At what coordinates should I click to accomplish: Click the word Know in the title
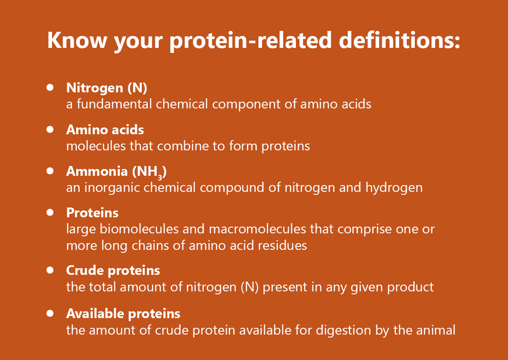pyautogui.click(x=77, y=40)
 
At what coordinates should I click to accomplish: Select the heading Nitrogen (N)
pyautogui.click(x=107, y=88)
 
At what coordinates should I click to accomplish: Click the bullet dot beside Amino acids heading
pyautogui.click(x=50, y=130)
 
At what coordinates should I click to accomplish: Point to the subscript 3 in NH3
pyautogui.click(x=160, y=177)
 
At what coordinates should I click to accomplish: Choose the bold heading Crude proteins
pyautogui.click(x=113, y=270)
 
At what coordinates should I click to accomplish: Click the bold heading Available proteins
pyautogui.click(x=123, y=314)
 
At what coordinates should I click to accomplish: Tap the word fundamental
pyautogui.click(x=114, y=104)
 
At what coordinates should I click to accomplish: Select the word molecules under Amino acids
pyautogui.click(x=96, y=146)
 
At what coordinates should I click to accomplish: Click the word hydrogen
pyautogui.click(x=394, y=188)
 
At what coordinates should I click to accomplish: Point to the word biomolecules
pyautogui.click(x=139, y=229)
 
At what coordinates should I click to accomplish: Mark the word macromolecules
pyautogui.click(x=257, y=229)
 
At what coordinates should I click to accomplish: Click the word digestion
pyautogui.click(x=343, y=330)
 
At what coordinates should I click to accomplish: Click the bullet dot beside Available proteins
pyautogui.click(x=50, y=313)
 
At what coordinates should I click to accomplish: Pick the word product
pyautogui.click(x=411, y=288)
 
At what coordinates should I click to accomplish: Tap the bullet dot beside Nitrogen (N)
pyautogui.click(x=50, y=88)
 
